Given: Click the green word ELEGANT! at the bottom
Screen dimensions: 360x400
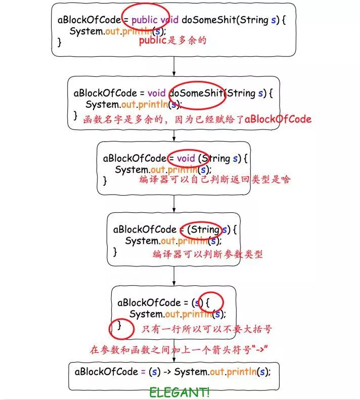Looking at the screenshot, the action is click(179, 392).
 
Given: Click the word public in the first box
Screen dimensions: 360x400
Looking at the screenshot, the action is click(144, 20).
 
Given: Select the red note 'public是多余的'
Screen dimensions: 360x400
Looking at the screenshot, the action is click(173, 41).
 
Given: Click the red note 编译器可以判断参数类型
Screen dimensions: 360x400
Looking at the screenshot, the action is click(208, 254).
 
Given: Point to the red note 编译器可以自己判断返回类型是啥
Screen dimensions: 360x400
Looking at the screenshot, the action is click(215, 180).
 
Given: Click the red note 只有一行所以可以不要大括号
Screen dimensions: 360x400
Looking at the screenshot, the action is click(206, 329).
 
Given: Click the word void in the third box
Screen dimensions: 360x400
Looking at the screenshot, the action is click(185, 158).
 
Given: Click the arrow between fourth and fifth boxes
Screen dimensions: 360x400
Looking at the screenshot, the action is click(174, 276).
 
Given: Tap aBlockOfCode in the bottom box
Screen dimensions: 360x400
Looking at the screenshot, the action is click(106, 371).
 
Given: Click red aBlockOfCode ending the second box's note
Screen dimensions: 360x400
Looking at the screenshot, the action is click(278, 119).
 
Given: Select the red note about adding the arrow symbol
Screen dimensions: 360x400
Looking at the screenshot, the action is click(178, 349).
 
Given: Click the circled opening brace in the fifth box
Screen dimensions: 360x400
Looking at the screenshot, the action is click(207, 302).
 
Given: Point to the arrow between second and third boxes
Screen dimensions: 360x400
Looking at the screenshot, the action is click(174, 135).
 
